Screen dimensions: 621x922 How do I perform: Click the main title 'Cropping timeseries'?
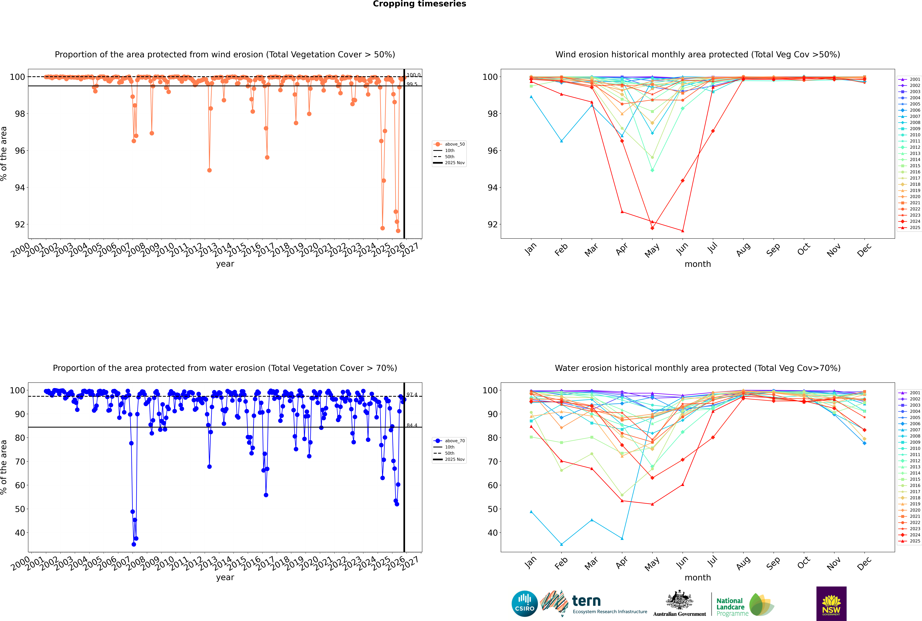(x=419, y=4)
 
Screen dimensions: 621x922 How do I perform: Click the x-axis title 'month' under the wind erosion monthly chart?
(x=698, y=264)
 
